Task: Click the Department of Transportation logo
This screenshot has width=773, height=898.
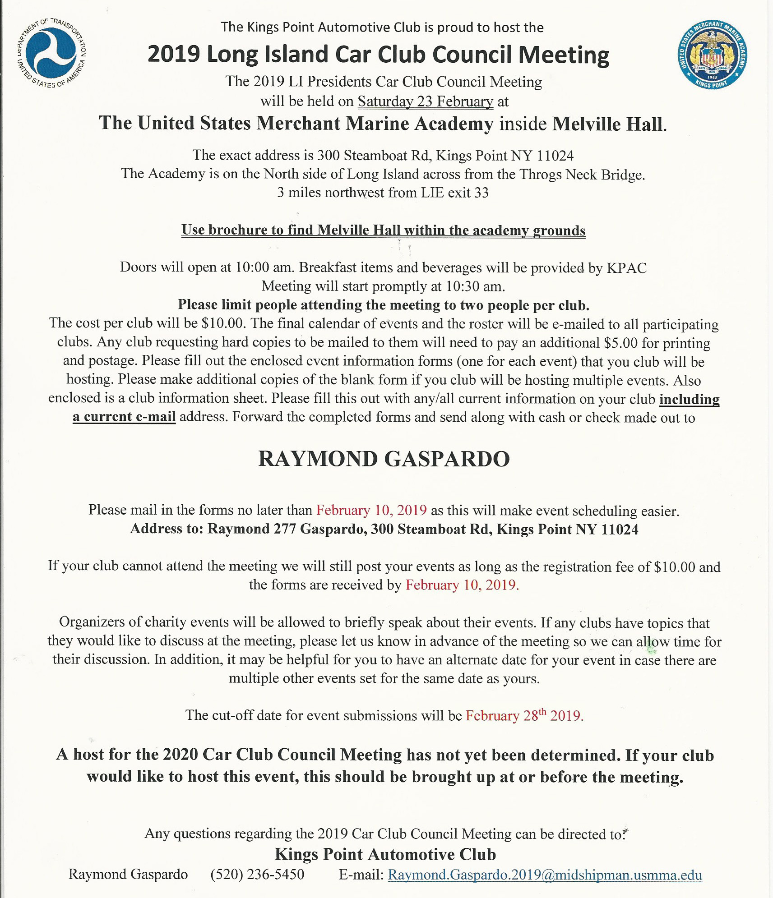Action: (x=51, y=53)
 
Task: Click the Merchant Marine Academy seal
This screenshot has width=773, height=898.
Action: (x=713, y=55)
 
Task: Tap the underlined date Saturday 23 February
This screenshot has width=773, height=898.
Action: (x=425, y=101)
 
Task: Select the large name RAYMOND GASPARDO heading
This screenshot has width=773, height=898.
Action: (x=384, y=459)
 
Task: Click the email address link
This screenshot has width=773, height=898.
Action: (x=545, y=875)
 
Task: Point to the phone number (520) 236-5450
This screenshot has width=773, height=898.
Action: (x=257, y=875)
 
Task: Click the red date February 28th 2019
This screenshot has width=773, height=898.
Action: (x=524, y=716)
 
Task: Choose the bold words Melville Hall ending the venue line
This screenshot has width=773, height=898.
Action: (x=609, y=124)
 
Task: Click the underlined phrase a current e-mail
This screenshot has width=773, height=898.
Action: (x=124, y=417)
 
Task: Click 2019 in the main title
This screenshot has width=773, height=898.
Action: (x=174, y=54)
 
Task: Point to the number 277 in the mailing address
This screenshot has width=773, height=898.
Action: (x=285, y=529)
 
